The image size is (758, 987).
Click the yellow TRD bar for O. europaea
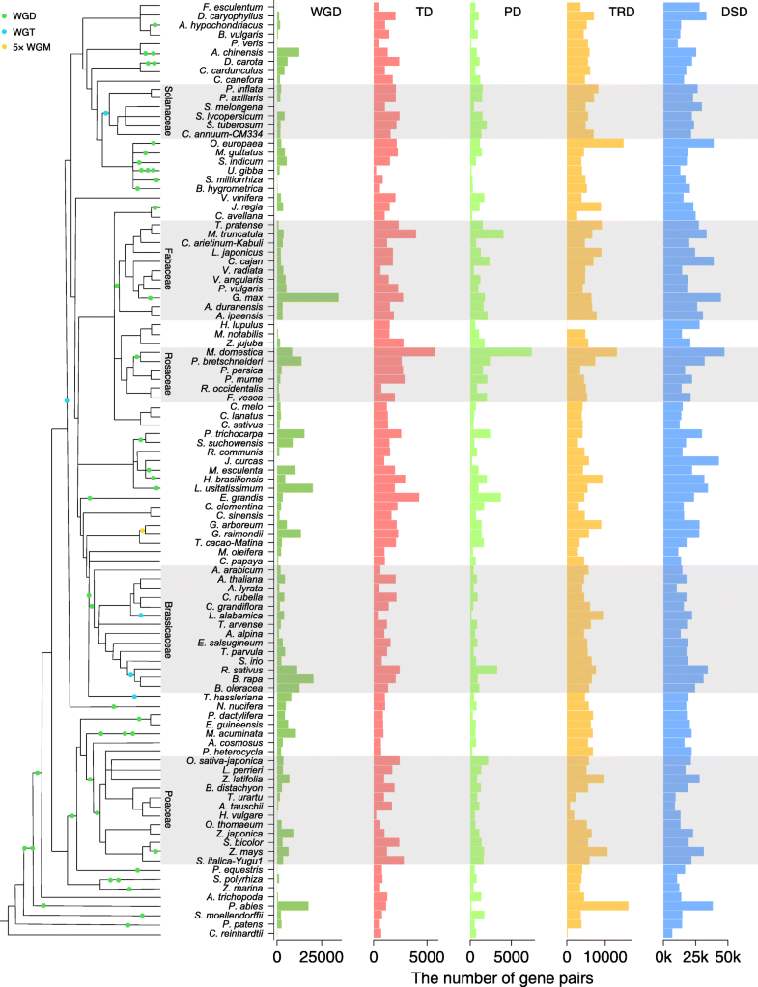(595, 143)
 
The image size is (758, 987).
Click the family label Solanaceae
(167, 111)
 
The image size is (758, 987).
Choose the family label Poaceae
(167, 810)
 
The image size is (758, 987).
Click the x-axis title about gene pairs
(502, 976)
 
